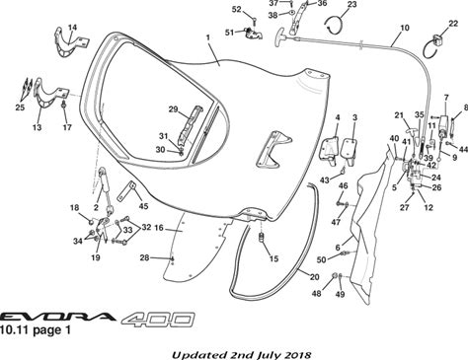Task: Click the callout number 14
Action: (x=72, y=27)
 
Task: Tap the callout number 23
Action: (x=351, y=4)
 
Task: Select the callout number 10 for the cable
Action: (x=405, y=28)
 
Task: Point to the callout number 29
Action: (x=173, y=109)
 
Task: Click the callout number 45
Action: (x=143, y=206)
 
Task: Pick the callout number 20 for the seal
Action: (x=315, y=277)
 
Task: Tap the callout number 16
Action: (x=159, y=228)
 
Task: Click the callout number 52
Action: (x=237, y=10)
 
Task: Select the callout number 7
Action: (x=446, y=98)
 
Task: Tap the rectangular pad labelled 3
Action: (x=350, y=150)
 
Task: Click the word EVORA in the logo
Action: (x=57, y=317)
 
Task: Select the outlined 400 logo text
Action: (x=158, y=319)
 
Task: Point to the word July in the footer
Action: (x=270, y=355)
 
